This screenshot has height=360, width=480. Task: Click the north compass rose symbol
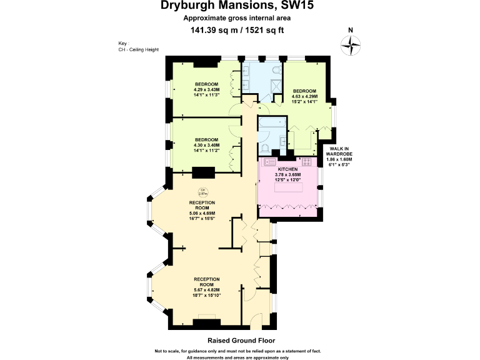[x=351, y=44]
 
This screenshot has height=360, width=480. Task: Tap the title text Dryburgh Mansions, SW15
[x=240, y=7]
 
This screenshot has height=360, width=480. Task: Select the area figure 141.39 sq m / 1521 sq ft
[x=240, y=29]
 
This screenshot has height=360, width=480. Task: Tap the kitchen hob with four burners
[x=307, y=161]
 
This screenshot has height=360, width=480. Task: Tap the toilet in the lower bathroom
[x=266, y=148]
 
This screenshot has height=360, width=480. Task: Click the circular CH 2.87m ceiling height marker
[x=202, y=192]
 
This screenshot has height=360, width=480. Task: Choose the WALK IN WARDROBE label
[x=339, y=156]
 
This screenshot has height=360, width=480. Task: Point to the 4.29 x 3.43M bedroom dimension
[x=206, y=90]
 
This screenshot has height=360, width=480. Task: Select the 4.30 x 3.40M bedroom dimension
[x=206, y=145]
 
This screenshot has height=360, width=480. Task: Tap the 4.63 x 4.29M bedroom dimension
[x=305, y=96]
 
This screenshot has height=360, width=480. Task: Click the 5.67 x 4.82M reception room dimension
[x=206, y=289]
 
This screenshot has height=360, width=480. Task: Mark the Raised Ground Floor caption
[x=240, y=342]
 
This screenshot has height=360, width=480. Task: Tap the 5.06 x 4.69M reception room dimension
[x=202, y=214]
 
